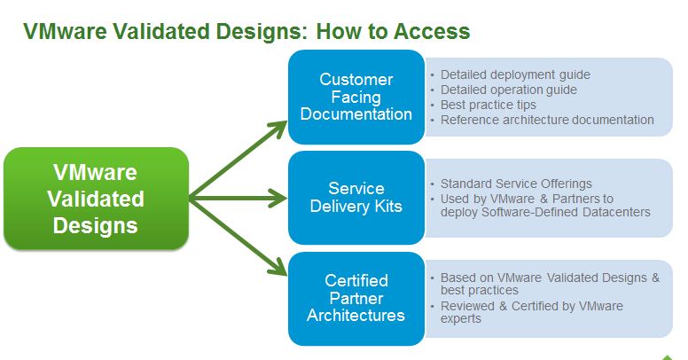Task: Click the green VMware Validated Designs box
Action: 96,198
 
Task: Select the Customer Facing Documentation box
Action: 356,97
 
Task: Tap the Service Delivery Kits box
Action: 356,197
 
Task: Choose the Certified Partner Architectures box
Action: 356,298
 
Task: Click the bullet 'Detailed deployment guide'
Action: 515,74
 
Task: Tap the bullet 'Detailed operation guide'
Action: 509,90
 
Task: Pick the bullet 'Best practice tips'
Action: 489,105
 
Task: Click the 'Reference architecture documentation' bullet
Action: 547,120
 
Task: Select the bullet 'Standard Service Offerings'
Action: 516,184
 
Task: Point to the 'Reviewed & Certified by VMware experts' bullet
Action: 531,311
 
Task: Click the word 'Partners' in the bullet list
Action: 575,198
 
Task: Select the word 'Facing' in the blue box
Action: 356,97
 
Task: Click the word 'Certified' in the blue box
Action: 356,281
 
